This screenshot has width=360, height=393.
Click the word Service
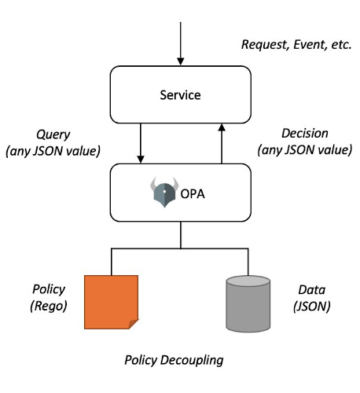(180, 95)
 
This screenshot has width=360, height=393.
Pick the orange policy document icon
(112, 301)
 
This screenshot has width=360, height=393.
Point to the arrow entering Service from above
(181, 43)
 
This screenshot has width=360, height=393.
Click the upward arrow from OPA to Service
(222, 142)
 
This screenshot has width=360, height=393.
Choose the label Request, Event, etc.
(295, 46)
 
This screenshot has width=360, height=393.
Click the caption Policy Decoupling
(174, 360)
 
